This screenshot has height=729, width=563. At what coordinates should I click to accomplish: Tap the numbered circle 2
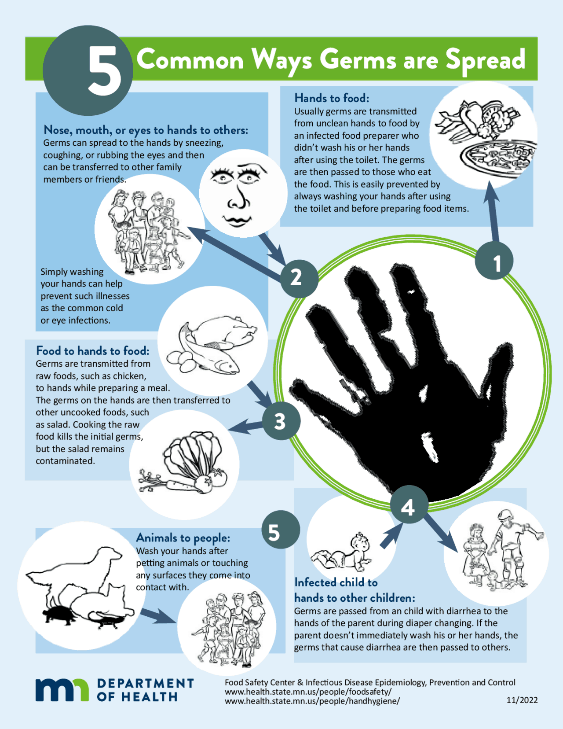[299, 278]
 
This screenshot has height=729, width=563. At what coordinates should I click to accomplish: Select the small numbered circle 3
[281, 421]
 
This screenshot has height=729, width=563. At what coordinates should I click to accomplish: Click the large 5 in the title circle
[104, 71]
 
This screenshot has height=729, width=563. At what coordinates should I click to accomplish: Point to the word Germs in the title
[358, 59]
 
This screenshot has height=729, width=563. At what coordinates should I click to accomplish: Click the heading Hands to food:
[332, 98]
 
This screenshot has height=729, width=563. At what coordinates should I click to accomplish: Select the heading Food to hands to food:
[93, 351]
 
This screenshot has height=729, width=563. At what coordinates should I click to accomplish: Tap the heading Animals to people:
[183, 538]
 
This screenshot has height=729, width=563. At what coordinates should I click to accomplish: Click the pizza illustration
[497, 154]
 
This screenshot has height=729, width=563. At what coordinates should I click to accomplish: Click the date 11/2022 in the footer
[522, 700]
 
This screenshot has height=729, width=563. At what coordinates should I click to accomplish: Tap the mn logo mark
[62, 689]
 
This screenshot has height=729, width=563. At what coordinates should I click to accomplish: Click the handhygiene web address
[312, 701]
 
